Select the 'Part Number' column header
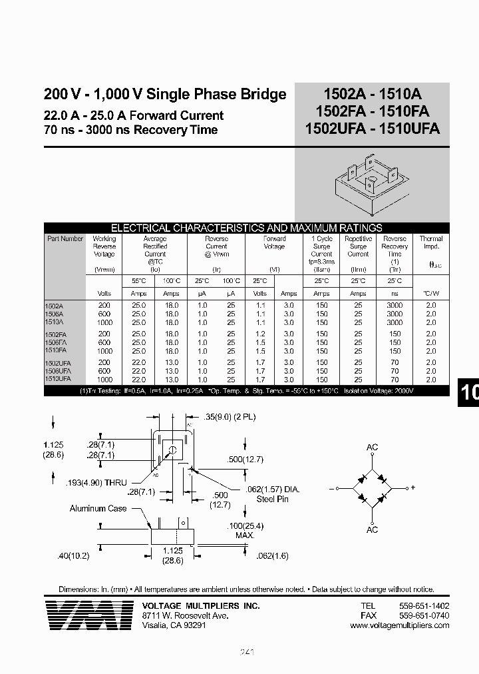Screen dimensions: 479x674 click(65, 238)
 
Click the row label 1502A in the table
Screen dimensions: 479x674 click(56, 305)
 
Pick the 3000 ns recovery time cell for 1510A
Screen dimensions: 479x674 click(395, 322)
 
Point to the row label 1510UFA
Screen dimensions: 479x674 click(60, 378)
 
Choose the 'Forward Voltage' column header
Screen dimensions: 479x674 click(274, 242)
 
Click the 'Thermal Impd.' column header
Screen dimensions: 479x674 click(430, 242)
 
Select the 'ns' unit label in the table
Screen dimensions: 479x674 click(395, 293)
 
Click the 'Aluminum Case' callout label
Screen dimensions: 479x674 click(98, 509)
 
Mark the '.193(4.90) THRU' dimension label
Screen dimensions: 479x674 click(97, 482)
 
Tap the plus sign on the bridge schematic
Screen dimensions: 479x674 click(412, 488)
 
